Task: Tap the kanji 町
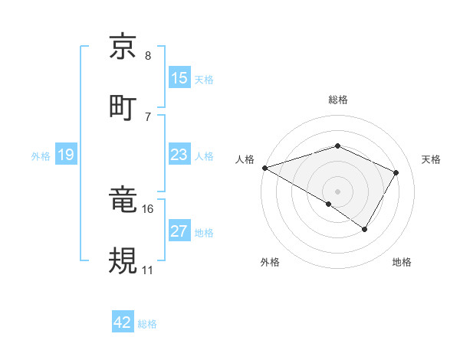pyautogui.click(x=123, y=106)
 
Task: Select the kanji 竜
pyautogui.click(x=123, y=201)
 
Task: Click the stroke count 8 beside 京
pyautogui.click(x=148, y=56)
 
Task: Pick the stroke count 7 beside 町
pyautogui.click(x=148, y=116)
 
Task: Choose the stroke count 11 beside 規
pyautogui.click(x=148, y=270)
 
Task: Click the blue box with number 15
pyautogui.click(x=179, y=78)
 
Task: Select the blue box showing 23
pyautogui.click(x=179, y=155)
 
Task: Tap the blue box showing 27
pyautogui.click(x=179, y=231)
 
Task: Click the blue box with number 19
pyautogui.click(x=66, y=155)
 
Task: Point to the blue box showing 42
pyautogui.click(x=123, y=322)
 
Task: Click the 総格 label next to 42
pyautogui.click(x=148, y=324)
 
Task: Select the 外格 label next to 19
pyautogui.click(x=41, y=156)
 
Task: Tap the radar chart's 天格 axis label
pyautogui.click(x=432, y=159)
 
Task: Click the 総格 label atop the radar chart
pyautogui.click(x=338, y=100)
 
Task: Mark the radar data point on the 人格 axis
pyautogui.click(x=264, y=168)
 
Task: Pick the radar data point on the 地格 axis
pyautogui.click(x=365, y=229)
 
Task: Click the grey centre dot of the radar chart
pyautogui.click(x=337, y=191)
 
